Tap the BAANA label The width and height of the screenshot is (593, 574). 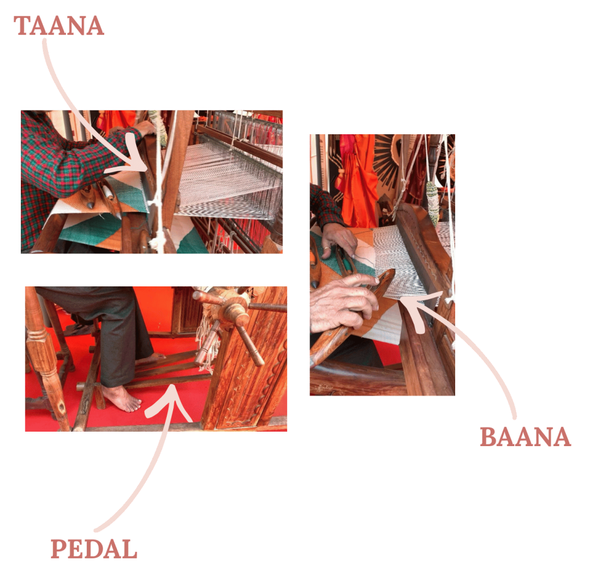(525, 437)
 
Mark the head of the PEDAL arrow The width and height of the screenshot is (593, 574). (172, 389)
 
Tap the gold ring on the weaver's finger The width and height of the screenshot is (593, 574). (325, 249)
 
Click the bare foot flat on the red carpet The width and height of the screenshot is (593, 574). (122, 399)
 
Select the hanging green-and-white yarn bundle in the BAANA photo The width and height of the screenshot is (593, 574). (432, 202)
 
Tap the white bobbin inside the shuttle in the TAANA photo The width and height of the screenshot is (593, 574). (109, 191)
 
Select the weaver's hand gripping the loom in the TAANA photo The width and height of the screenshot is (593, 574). (145, 128)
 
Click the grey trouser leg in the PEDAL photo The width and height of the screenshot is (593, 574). (114, 333)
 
